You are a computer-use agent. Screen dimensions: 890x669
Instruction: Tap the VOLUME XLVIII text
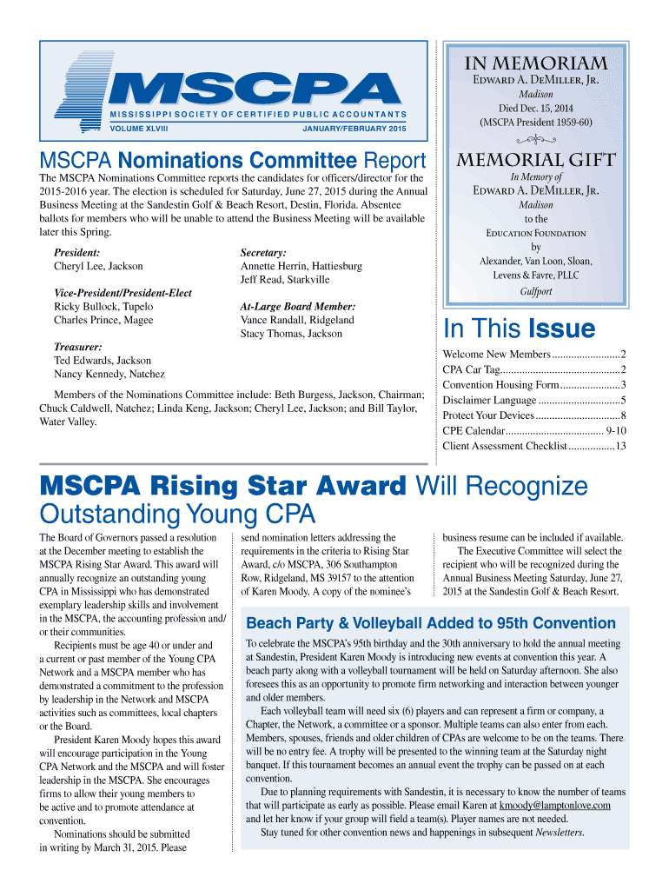pyautogui.click(x=139, y=130)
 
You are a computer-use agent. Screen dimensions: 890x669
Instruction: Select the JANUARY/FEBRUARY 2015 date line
pyautogui.click(x=354, y=130)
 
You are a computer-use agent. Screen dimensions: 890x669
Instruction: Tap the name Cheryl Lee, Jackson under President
pyautogui.click(x=98, y=266)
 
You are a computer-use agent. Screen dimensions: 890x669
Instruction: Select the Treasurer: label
pyautogui.click(x=78, y=346)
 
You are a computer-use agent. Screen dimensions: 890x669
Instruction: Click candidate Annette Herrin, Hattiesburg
pyautogui.click(x=301, y=266)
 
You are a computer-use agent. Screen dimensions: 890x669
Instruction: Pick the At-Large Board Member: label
pyautogui.click(x=297, y=307)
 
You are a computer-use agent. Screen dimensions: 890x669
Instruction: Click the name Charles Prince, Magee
pyautogui.click(x=103, y=320)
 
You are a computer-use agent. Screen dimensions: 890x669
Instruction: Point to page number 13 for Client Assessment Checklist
pyautogui.click(x=621, y=446)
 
